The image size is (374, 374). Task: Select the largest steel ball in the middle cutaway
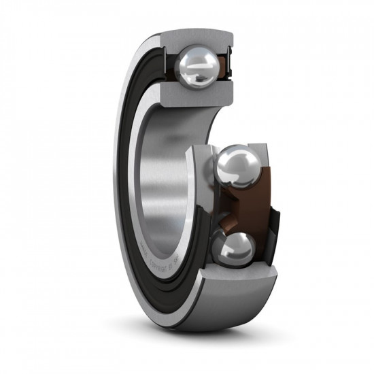click(x=237, y=169)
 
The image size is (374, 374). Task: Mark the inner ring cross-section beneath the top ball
click(x=190, y=95)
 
